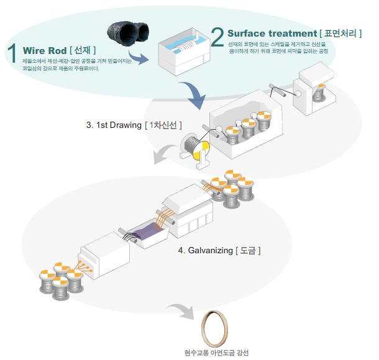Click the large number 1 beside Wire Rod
click(x=12, y=54)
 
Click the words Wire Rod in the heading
click(x=45, y=50)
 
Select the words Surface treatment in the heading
click(x=267, y=33)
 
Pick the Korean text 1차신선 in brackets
click(x=163, y=125)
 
